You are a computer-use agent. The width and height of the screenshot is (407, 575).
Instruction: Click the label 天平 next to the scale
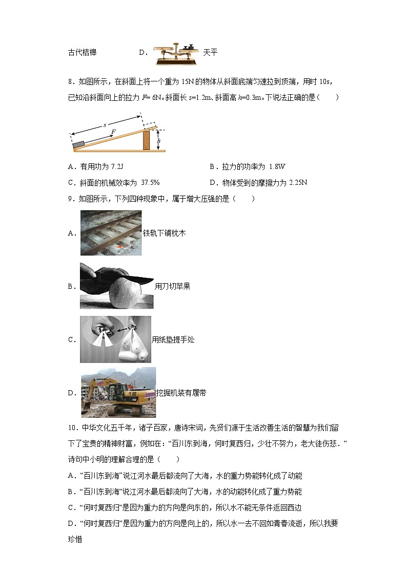point(210,53)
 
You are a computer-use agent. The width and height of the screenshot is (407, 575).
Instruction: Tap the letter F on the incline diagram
point(113,132)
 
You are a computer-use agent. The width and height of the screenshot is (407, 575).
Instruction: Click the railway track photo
point(111,233)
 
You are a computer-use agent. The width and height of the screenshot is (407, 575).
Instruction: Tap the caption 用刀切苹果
point(173,286)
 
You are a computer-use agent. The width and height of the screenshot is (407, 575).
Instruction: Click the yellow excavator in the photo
point(115,394)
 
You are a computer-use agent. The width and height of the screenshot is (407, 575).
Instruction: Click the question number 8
point(70,81)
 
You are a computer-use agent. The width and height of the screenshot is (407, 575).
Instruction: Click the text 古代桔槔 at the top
point(82,53)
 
